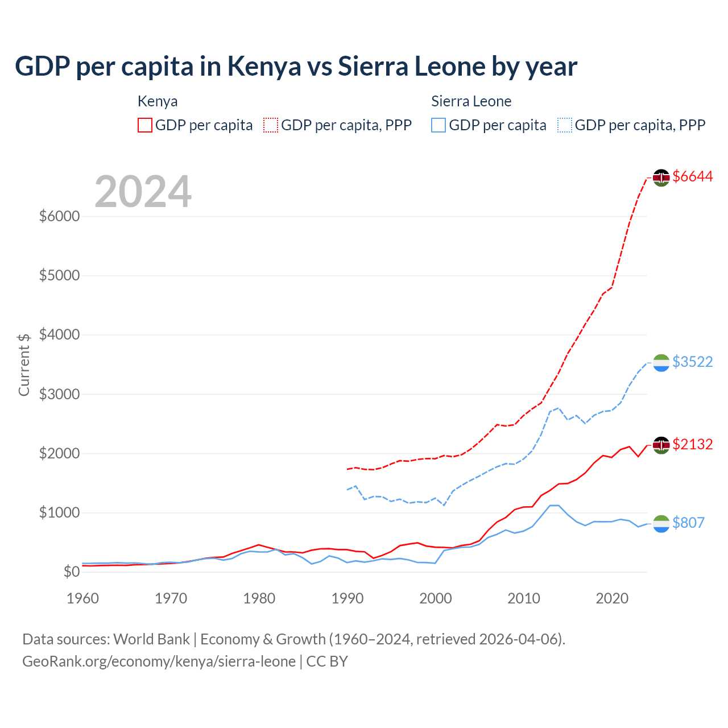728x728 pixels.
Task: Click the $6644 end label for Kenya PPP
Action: (x=692, y=177)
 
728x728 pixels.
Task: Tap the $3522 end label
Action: (x=692, y=362)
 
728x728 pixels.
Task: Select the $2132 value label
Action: (x=692, y=444)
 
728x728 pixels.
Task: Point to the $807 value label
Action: (x=688, y=523)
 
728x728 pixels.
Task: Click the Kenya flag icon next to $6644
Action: (x=661, y=177)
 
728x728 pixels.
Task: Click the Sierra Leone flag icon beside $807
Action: (x=661, y=524)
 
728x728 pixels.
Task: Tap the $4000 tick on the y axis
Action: (x=59, y=334)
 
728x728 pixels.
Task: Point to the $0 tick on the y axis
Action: (x=71, y=572)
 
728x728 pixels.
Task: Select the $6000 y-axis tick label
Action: (x=59, y=216)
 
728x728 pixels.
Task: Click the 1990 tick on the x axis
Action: (x=347, y=598)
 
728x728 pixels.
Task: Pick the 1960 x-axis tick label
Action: (x=83, y=598)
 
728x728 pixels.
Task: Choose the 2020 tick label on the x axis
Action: (x=611, y=598)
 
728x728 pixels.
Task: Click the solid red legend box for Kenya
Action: (x=145, y=125)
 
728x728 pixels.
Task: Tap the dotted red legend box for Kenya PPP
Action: (x=271, y=125)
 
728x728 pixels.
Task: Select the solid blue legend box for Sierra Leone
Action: (x=439, y=125)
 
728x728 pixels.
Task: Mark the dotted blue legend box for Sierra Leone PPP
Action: (x=565, y=125)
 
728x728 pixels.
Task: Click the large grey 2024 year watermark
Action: (x=143, y=192)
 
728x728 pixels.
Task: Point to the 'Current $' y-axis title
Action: (x=24, y=365)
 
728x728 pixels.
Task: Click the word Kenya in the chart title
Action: (x=264, y=67)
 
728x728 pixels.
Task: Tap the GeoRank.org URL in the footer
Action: (x=159, y=661)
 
